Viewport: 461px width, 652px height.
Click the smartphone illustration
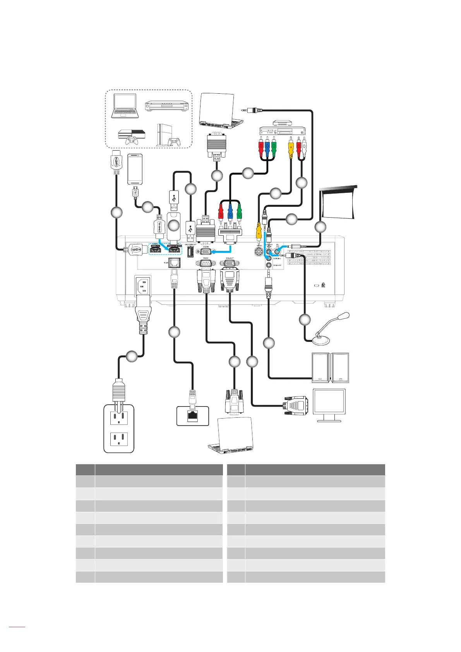coord(135,169)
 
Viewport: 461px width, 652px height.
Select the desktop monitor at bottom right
coord(329,405)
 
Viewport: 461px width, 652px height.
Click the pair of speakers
coord(330,367)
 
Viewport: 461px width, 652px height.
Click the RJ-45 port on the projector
coord(175,263)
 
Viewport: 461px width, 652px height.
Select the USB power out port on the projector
coord(190,252)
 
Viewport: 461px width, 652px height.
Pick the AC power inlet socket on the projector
coord(142,286)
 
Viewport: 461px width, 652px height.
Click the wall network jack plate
coord(192,416)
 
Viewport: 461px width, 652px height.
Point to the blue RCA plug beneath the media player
coord(267,148)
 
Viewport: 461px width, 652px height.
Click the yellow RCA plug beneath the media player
coord(291,148)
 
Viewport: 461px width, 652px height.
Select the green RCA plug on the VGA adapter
coord(240,212)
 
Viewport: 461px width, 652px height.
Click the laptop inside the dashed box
coord(125,106)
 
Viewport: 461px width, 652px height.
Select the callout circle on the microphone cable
coord(305,320)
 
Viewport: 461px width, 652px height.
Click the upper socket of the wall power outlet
coord(119,418)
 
